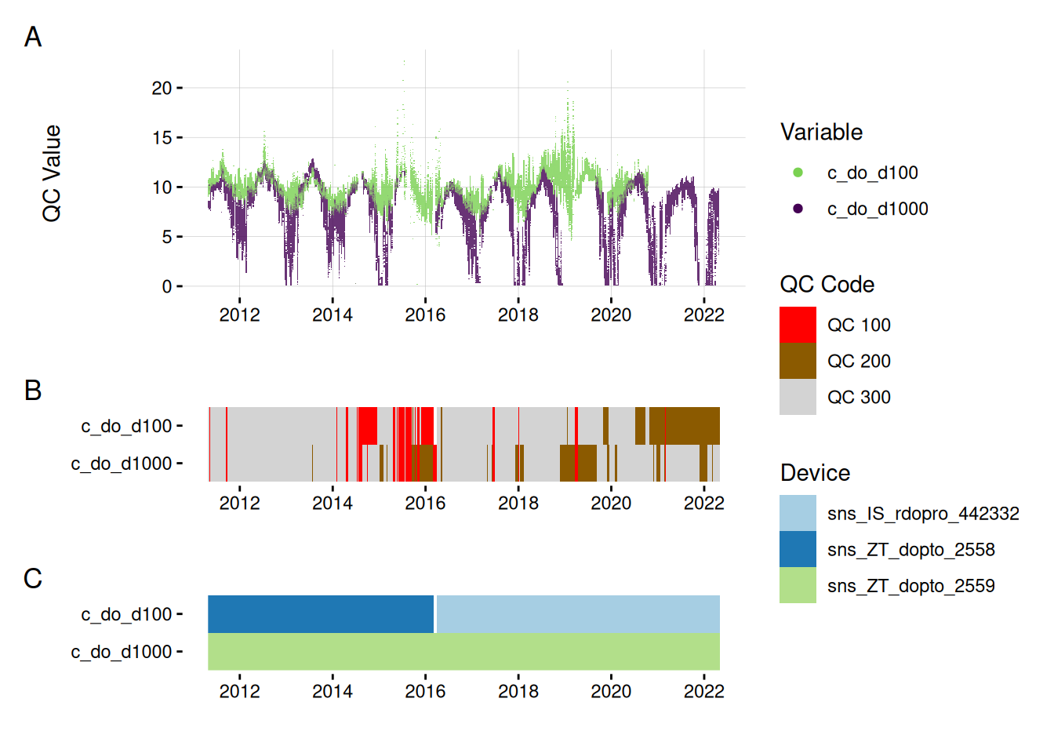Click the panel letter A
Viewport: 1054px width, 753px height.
pos(33,37)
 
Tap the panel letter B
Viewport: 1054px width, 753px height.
pos(33,390)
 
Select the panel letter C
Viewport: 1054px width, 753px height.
pos(33,578)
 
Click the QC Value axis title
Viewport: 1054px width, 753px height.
pos(52,173)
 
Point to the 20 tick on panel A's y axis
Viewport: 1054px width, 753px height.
pos(162,88)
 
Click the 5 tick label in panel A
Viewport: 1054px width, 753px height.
pos(166,236)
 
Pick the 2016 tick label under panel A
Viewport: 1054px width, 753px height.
pos(425,315)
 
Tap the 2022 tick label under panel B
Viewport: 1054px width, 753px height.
pos(703,503)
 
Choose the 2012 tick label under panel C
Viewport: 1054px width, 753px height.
pos(239,691)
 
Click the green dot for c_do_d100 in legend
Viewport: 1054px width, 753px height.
pos(798,173)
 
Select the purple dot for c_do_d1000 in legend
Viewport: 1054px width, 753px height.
pos(798,209)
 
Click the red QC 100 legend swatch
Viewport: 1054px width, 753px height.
pos(798,325)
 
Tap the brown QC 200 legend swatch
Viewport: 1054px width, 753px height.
pos(798,361)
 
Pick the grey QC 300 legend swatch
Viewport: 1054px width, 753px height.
pos(798,397)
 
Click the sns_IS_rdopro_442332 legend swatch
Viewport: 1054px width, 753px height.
pos(798,513)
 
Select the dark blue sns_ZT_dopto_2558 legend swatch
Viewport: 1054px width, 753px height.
pos(798,549)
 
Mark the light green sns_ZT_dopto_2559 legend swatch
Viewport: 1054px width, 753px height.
pos(798,585)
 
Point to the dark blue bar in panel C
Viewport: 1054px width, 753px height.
pos(320,613)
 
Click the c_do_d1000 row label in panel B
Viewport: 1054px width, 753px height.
pos(122,464)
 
